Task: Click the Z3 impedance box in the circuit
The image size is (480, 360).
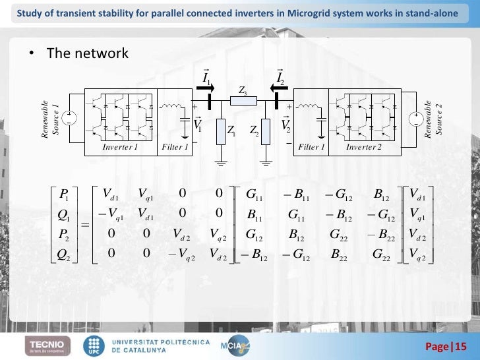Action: (x=238, y=101)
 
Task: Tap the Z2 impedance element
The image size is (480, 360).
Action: (x=265, y=132)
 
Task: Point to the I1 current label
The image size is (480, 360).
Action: (x=206, y=79)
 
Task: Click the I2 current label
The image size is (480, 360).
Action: (x=280, y=79)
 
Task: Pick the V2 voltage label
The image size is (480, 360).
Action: (x=285, y=124)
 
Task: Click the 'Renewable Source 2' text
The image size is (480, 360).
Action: (x=433, y=120)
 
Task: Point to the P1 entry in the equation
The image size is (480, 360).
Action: (x=64, y=194)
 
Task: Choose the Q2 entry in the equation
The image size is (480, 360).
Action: (x=64, y=254)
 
